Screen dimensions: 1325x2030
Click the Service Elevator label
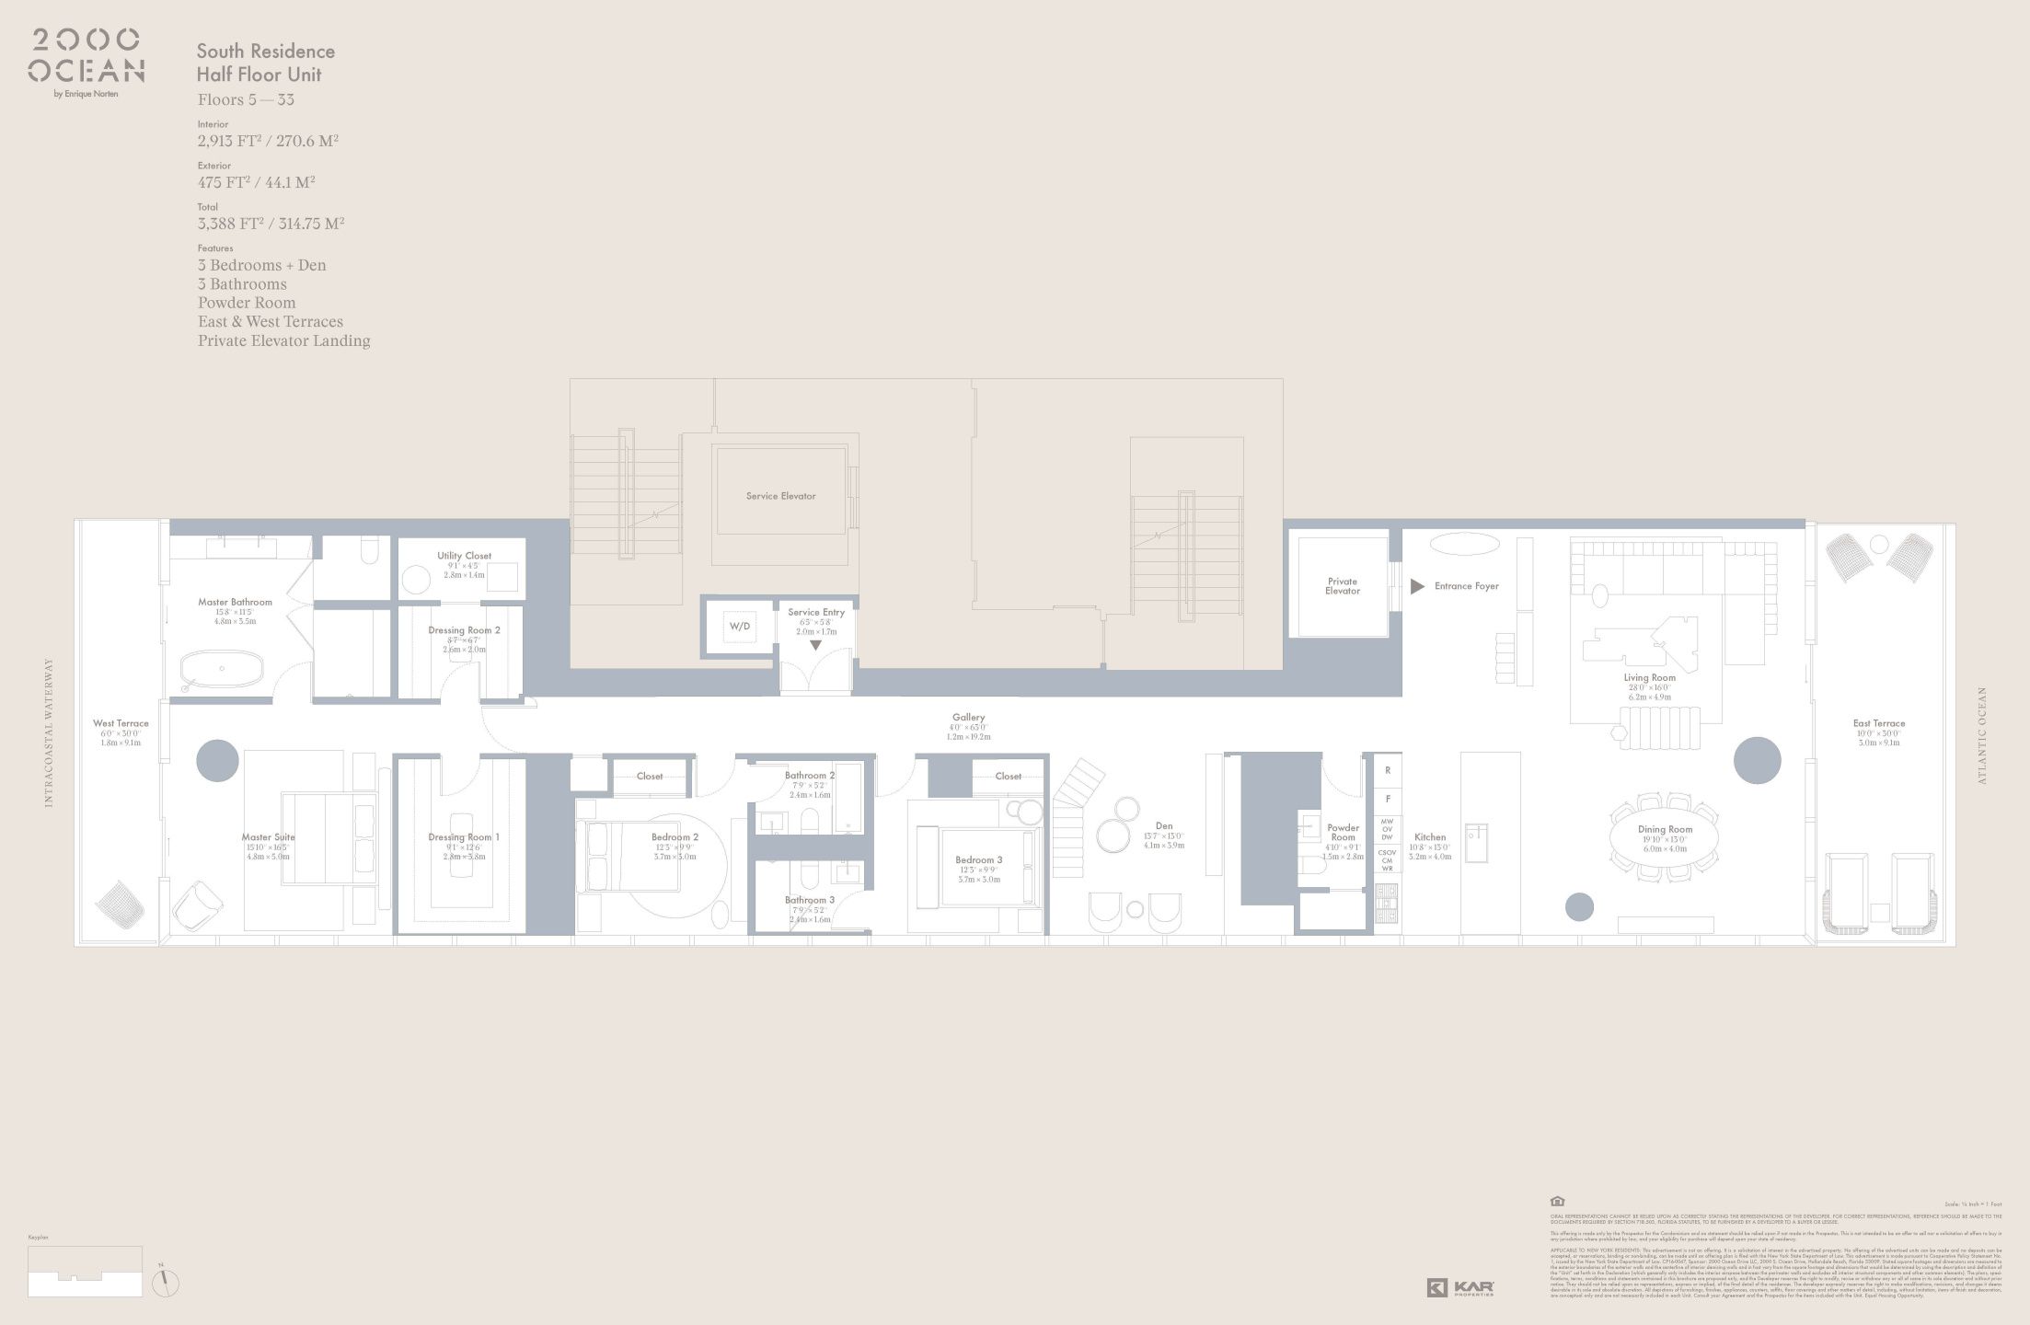780,496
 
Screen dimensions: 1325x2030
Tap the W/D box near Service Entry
740,627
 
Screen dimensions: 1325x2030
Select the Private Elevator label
1342,586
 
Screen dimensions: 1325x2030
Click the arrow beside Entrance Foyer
1417,586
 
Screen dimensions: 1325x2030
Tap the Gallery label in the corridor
968,718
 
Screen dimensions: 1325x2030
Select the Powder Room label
1343,833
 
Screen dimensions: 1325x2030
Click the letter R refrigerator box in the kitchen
1387,770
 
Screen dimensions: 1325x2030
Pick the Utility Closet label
464,556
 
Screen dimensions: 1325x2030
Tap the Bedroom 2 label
675,837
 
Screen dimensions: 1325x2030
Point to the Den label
1163,826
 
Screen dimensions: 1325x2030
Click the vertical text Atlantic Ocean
1982,735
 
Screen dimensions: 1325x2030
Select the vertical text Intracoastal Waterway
49,732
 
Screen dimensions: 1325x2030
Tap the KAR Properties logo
1460,1288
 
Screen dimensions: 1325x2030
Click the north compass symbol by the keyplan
165,1281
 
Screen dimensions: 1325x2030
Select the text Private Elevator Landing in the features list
283,340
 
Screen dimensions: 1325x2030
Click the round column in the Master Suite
218,760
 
